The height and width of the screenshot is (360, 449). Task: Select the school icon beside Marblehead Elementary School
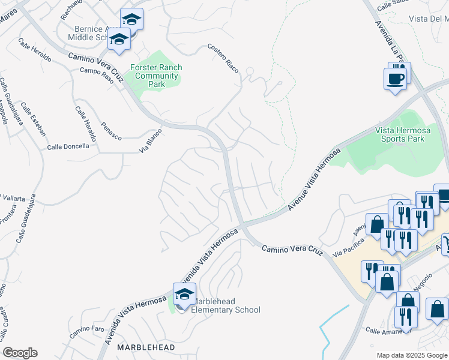[x=184, y=294]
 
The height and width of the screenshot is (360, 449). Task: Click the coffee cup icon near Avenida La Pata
[x=395, y=79]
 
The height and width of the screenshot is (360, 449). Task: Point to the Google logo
[x=20, y=353]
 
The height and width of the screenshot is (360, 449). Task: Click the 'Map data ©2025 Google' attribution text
[x=411, y=355]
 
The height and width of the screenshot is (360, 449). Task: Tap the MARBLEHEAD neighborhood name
[x=146, y=347]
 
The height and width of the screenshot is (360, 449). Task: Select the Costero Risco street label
[x=223, y=58]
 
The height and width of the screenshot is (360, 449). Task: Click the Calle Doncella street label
[x=68, y=146]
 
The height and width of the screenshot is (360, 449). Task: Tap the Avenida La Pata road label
[x=388, y=43]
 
